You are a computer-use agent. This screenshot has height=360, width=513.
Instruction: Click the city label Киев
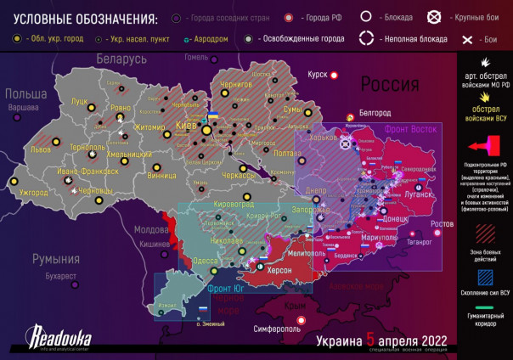coord(185,126)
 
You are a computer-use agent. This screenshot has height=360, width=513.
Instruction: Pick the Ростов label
coord(442,223)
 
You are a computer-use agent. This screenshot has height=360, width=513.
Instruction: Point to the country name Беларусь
coord(121,59)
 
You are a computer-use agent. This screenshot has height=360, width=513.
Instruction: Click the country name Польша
coord(25,94)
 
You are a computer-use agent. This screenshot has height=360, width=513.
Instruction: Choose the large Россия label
coord(390,84)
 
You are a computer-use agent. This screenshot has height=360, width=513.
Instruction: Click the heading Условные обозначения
coord(80,19)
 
